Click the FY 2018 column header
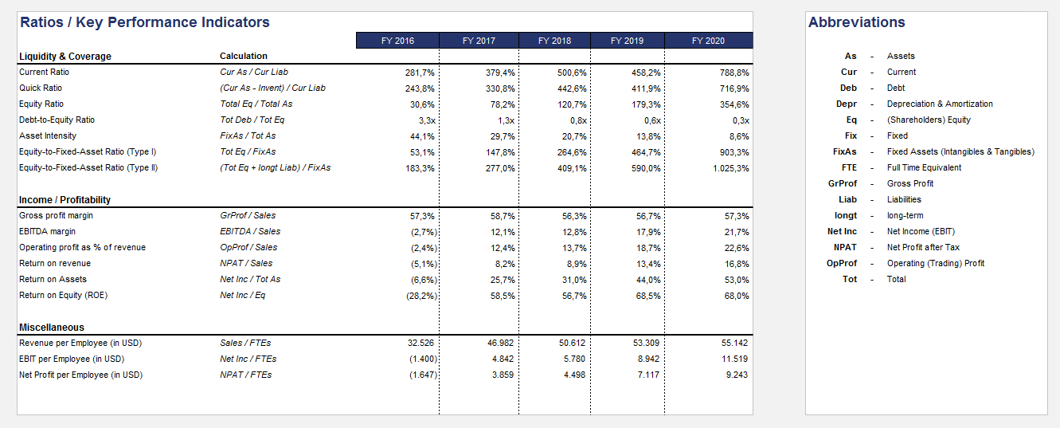[x=554, y=41]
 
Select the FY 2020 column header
[x=708, y=41]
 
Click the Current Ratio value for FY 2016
[x=420, y=73]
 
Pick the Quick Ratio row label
[x=41, y=88]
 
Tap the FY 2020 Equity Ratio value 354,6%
[x=733, y=104]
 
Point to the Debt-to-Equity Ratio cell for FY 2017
[x=506, y=120]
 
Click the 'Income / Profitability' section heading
[x=65, y=199]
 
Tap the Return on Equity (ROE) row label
[x=63, y=295]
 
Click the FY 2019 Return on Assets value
[x=647, y=280]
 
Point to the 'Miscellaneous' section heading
[x=51, y=327]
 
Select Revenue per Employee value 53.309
[x=646, y=343]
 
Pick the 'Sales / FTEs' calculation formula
[x=245, y=343]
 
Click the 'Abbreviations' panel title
[x=856, y=22]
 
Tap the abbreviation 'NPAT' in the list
[x=844, y=247]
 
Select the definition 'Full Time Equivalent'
[x=924, y=167]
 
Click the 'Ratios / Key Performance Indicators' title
[x=144, y=22]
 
